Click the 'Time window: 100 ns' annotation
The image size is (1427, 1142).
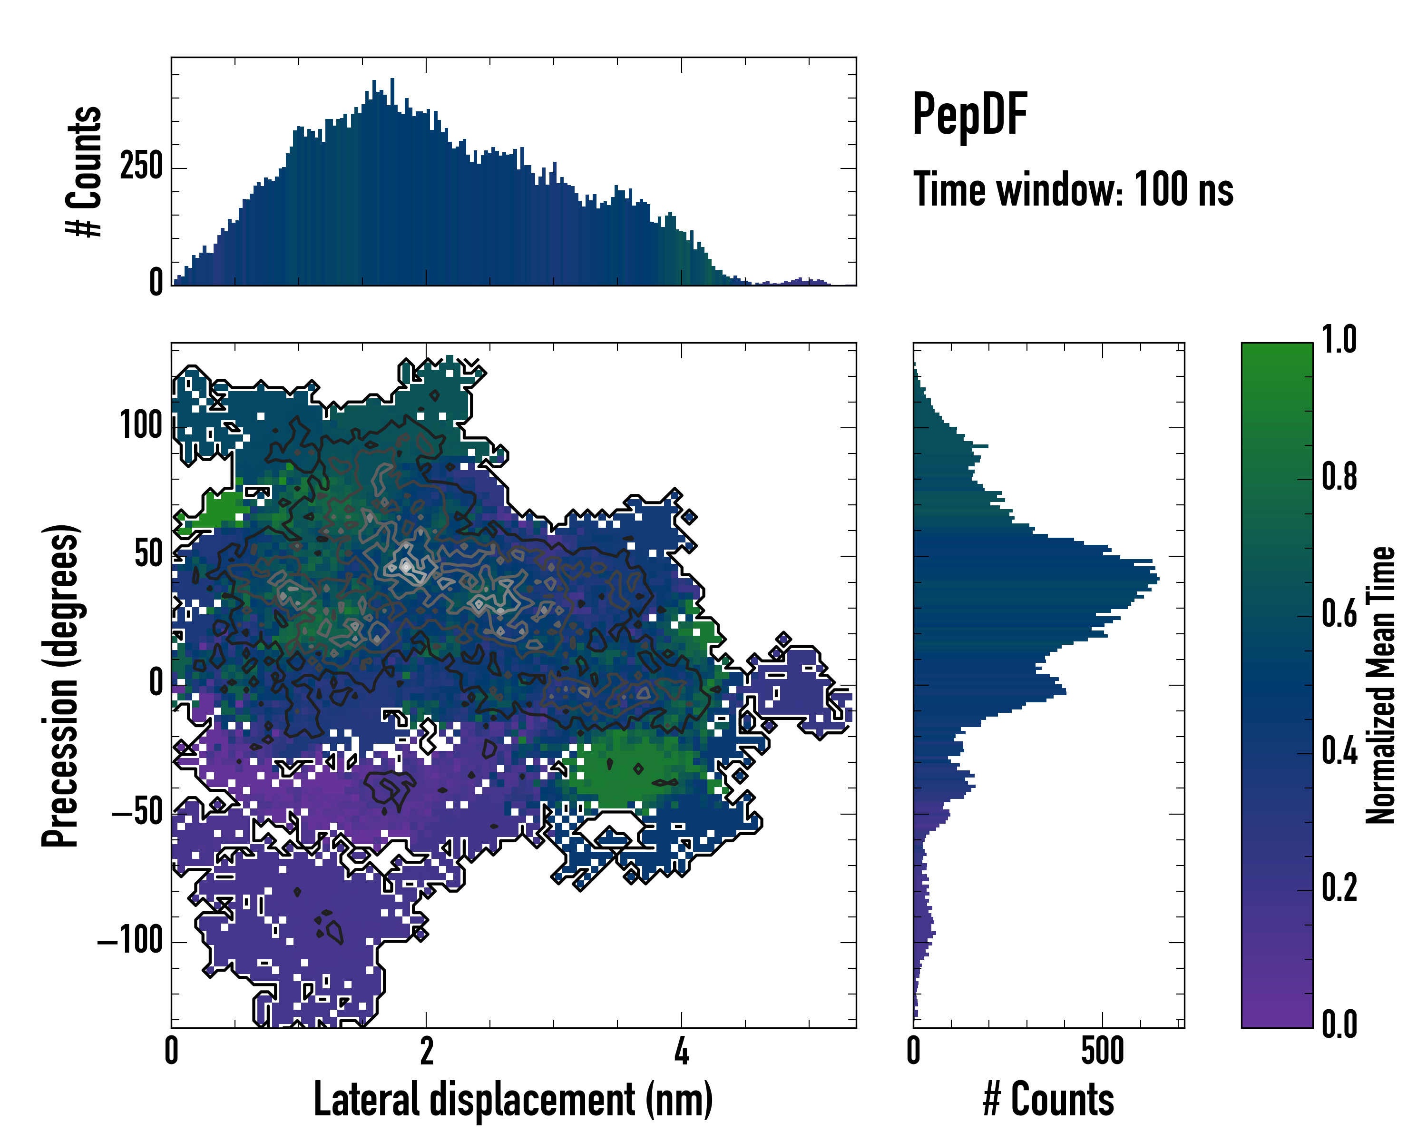[1073, 189]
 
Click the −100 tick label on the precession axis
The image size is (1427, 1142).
[130, 940]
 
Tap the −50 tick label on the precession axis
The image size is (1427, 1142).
[137, 812]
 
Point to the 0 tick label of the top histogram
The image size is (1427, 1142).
[156, 283]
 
